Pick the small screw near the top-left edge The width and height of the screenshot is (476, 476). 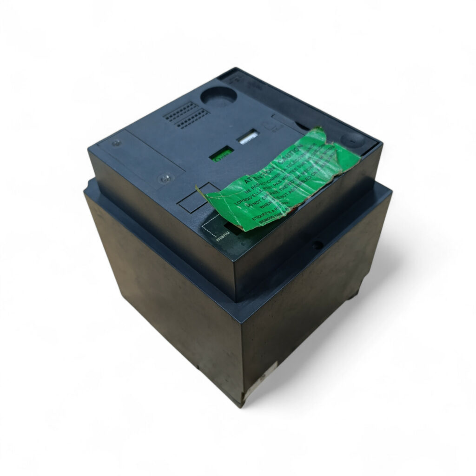coord(117,143)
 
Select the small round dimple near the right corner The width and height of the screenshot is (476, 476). coord(351,139)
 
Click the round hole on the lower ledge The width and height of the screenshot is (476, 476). coord(318,244)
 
